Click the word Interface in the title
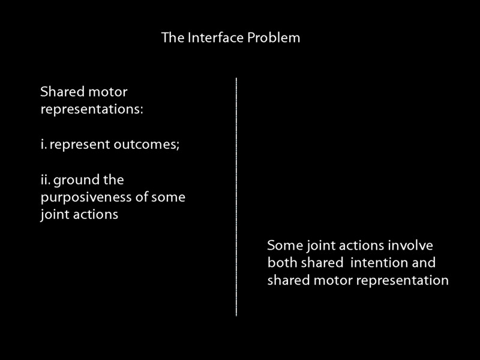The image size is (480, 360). coord(208,38)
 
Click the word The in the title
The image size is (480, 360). coord(170,38)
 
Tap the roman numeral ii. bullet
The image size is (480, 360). coord(45,180)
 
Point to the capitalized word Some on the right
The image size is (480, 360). coord(284,246)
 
